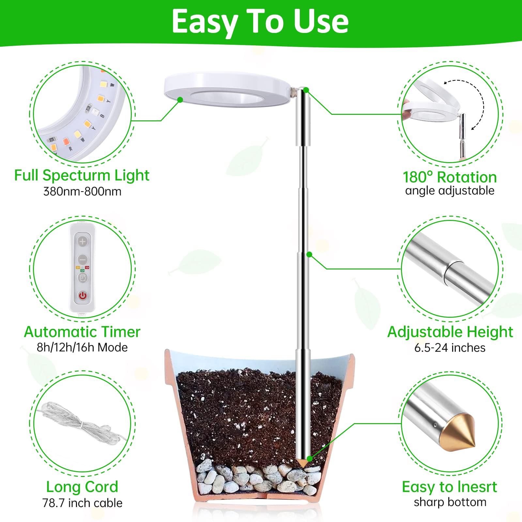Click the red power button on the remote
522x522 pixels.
(x=83, y=296)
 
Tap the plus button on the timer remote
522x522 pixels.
(x=83, y=241)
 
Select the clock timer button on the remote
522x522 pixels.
(x=83, y=278)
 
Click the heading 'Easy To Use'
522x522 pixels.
(x=260, y=22)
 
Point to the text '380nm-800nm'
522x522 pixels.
(x=82, y=191)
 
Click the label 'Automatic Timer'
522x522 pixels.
(x=82, y=332)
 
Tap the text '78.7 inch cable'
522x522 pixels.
(x=82, y=503)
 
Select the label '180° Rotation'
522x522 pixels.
(x=450, y=177)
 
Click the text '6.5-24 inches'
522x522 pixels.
(x=450, y=347)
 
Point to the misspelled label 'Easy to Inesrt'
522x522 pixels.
(x=450, y=487)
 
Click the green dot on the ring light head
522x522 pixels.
(x=180, y=100)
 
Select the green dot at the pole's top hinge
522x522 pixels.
(x=306, y=90)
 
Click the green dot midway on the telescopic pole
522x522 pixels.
(x=309, y=254)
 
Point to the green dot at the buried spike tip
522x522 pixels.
(x=309, y=459)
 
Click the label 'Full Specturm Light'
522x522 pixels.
(x=82, y=175)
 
